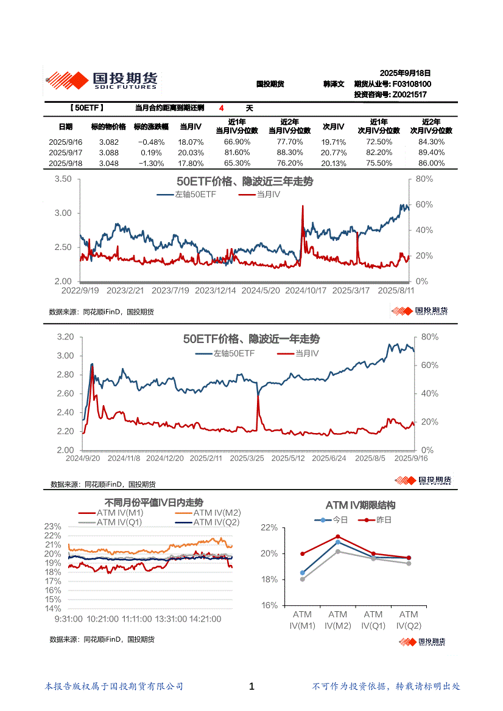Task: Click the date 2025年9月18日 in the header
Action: click(x=405, y=73)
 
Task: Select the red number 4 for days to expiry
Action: click(x=222, y=108)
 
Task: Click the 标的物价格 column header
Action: click(x=108, y=127)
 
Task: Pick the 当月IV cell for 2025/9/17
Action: click(x=191, y=153)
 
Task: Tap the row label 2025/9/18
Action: click(x=65, y=164)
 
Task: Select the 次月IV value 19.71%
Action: click(x=334, y=142)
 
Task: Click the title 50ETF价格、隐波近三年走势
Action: click(x=244, y=182)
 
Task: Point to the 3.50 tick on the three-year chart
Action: click(x=63, y=179)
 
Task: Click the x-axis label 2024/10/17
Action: click(x=306, y=291)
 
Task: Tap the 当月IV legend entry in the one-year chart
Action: click(x=306, y=353)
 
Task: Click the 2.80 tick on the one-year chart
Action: click(x=65, y=375)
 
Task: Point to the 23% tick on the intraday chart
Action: click(x=53, y=526)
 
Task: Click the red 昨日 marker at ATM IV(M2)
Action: click(x=338, y=537)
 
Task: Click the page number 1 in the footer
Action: click(x=251, y=687)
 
